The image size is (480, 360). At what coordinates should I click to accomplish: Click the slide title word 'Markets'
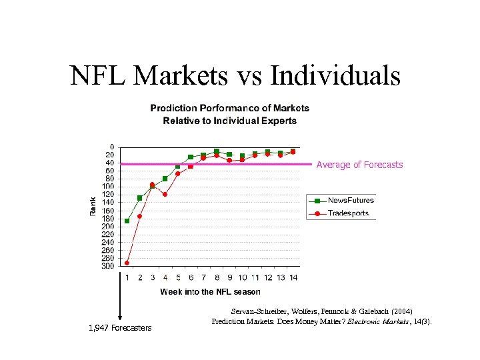click(181, 75)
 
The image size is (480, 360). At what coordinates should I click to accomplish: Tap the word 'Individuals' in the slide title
click(335, 75)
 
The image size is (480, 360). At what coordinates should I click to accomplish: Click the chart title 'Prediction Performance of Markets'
click(229, 108)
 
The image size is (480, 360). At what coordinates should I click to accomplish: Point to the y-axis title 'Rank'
click(93, 205)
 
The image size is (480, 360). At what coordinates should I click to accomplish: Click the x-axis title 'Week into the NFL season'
click(210, 291)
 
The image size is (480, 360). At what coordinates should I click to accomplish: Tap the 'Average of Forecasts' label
click(359, 165)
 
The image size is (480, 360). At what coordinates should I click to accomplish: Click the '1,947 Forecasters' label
click(120, 327)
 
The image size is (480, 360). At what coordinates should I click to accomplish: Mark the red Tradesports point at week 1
click(127, 263)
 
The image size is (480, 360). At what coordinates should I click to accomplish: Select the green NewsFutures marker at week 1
click(127, 221)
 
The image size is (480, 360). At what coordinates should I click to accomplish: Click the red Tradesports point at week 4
click(165, 195)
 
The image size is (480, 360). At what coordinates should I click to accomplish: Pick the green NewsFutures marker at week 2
click(139, 198)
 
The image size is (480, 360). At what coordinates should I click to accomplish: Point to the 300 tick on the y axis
click(107, 266)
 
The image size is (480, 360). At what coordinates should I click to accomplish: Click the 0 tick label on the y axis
click(111, 147)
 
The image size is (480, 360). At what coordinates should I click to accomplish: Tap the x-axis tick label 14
click(293, 277)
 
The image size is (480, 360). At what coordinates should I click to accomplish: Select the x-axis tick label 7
click(203, 277)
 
